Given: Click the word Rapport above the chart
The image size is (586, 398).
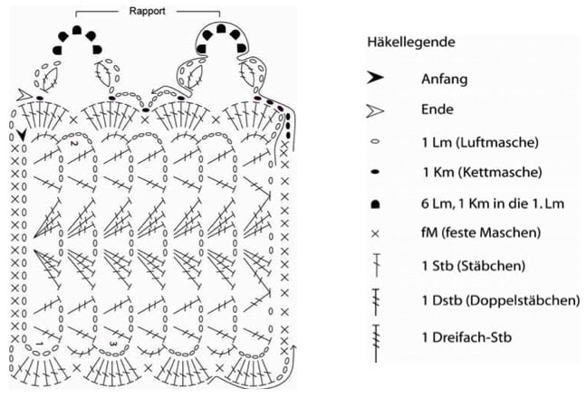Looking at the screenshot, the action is tap(147, 11).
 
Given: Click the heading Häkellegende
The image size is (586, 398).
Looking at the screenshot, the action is tap(411, 42).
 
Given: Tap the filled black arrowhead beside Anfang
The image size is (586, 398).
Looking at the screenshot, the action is tap(375, 78).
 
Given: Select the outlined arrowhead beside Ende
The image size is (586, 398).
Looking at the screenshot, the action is tap(375, 111).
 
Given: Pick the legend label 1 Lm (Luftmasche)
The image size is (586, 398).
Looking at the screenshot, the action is tap(480, 142).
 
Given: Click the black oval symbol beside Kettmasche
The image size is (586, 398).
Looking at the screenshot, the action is tap(375, 172).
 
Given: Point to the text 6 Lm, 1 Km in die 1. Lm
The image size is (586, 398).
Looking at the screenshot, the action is tap(493, 204).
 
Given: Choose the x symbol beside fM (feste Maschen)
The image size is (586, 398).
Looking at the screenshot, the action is tap(375, 233).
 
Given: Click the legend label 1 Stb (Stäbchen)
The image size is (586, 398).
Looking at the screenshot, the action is tap(474, 266).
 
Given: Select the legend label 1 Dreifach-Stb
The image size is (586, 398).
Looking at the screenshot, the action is tap(466, 337).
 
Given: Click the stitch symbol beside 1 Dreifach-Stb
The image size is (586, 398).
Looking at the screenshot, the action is tap(376, 343).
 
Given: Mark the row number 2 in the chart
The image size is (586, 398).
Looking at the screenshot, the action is tap(72, 143).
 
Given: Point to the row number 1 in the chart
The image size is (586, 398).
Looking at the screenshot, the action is tap(40, 343).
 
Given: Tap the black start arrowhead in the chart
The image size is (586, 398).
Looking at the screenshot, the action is tap(22, 135).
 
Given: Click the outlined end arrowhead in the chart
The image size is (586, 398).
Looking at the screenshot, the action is tap(24, 95).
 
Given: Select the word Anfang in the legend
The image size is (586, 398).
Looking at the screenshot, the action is tap(445, 80).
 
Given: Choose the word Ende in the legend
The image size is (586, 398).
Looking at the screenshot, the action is tap(437, 109).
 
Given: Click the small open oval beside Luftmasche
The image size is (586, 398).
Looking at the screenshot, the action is tap(375, 142).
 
